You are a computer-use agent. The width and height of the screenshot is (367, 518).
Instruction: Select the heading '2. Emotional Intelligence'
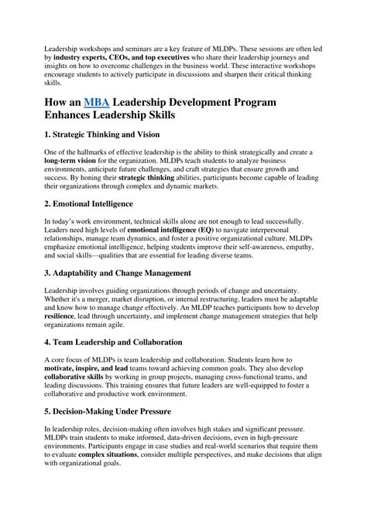click(89, 203)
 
